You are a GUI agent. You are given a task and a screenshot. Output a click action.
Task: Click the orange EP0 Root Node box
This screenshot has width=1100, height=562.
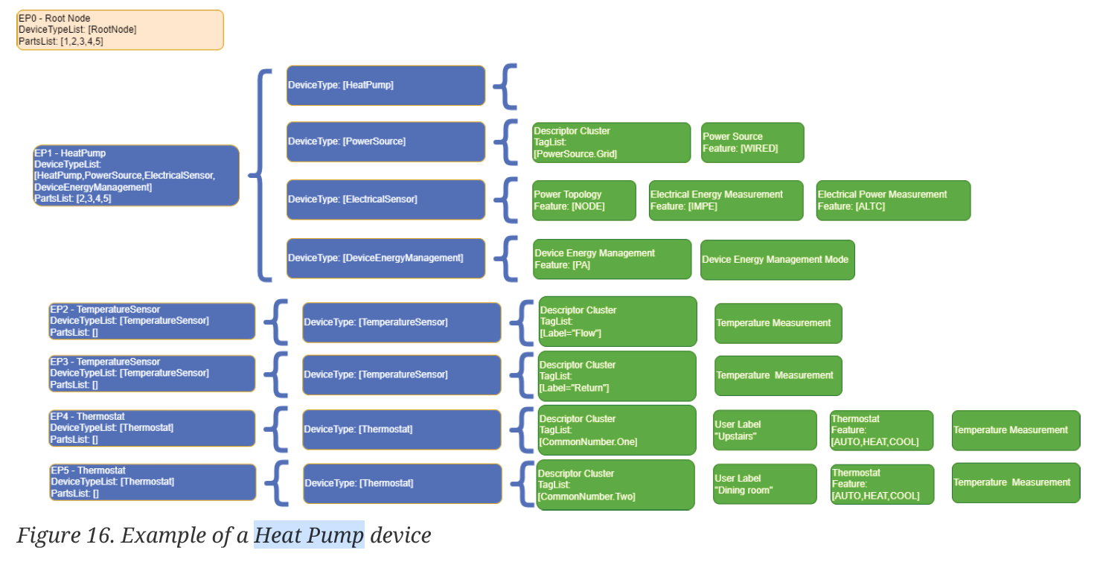tap(120, 30)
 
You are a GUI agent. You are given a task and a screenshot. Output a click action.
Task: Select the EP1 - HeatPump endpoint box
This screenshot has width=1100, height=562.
tap(136, 176)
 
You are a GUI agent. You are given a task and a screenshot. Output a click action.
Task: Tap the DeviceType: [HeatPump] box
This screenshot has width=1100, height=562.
tap(386, 86)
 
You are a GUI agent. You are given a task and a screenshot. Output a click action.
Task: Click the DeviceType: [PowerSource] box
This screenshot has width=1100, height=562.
tap(386, 141)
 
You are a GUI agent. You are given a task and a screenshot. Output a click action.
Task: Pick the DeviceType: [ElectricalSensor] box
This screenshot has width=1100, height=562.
tap(386, 199)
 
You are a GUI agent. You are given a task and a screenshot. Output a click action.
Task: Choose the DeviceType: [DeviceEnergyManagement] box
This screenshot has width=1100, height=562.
tap(386, 258)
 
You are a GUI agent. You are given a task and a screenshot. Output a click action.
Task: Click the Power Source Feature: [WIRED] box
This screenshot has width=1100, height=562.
tap(752, 142)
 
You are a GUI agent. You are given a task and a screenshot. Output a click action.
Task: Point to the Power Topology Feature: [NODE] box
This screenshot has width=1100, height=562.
tap(584, 200)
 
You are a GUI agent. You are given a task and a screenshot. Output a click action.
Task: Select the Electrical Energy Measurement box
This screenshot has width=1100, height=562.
tap(726, 200)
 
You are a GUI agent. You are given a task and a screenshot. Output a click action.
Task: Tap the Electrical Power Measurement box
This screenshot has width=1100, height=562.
tap(893, 200)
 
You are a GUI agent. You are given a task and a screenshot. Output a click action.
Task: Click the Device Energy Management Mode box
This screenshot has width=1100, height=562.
tap(777, 260)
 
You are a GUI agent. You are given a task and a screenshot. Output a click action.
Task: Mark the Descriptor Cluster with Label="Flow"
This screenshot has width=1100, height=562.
tap(618, 322)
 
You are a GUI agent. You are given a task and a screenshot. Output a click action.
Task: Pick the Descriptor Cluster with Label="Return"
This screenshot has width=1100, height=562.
tap(617, 376)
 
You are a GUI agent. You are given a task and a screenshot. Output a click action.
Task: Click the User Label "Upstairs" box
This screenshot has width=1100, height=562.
tap(765, 430)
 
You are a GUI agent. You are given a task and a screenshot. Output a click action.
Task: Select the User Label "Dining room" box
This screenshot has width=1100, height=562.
tap(765, 484)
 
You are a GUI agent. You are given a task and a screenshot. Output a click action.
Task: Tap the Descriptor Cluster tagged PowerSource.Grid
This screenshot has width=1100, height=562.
tap(611, 142)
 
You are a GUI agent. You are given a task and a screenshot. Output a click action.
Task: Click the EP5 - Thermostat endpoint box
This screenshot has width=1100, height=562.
tap(153, 482)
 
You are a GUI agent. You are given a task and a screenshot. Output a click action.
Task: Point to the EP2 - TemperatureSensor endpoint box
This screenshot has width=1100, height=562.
tap(152, 321)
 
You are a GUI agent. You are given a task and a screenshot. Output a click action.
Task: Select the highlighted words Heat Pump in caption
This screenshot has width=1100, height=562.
tap(309, 535)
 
